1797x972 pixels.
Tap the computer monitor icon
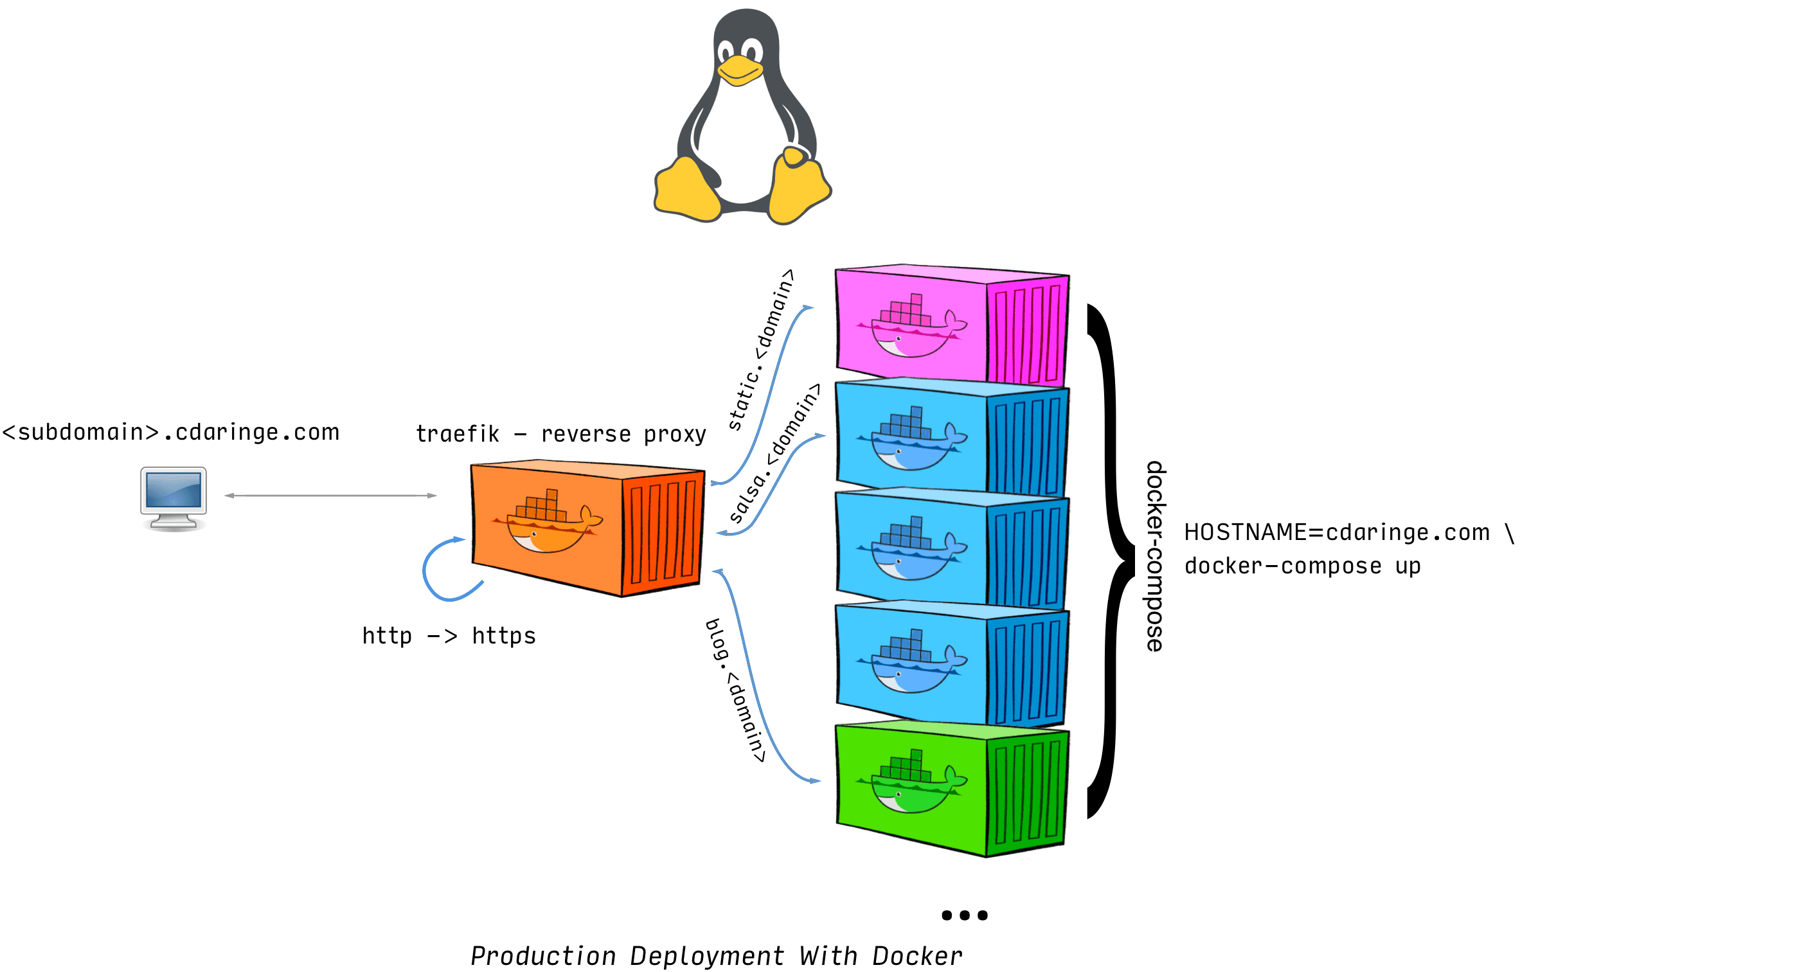click(173, 497)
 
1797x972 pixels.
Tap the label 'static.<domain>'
click(760, 349)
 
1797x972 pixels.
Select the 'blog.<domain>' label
click(735, 691)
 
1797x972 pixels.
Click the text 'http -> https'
click(449, 636)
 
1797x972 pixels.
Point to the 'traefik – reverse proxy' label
click(561, 434)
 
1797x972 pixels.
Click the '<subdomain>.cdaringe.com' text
click(171, 432)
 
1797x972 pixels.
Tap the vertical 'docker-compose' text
click(1155, 556)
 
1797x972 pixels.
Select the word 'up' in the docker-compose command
click(1408, 566)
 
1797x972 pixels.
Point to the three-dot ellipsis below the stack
click(964, 915)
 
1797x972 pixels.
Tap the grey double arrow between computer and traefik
click(330, 496)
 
